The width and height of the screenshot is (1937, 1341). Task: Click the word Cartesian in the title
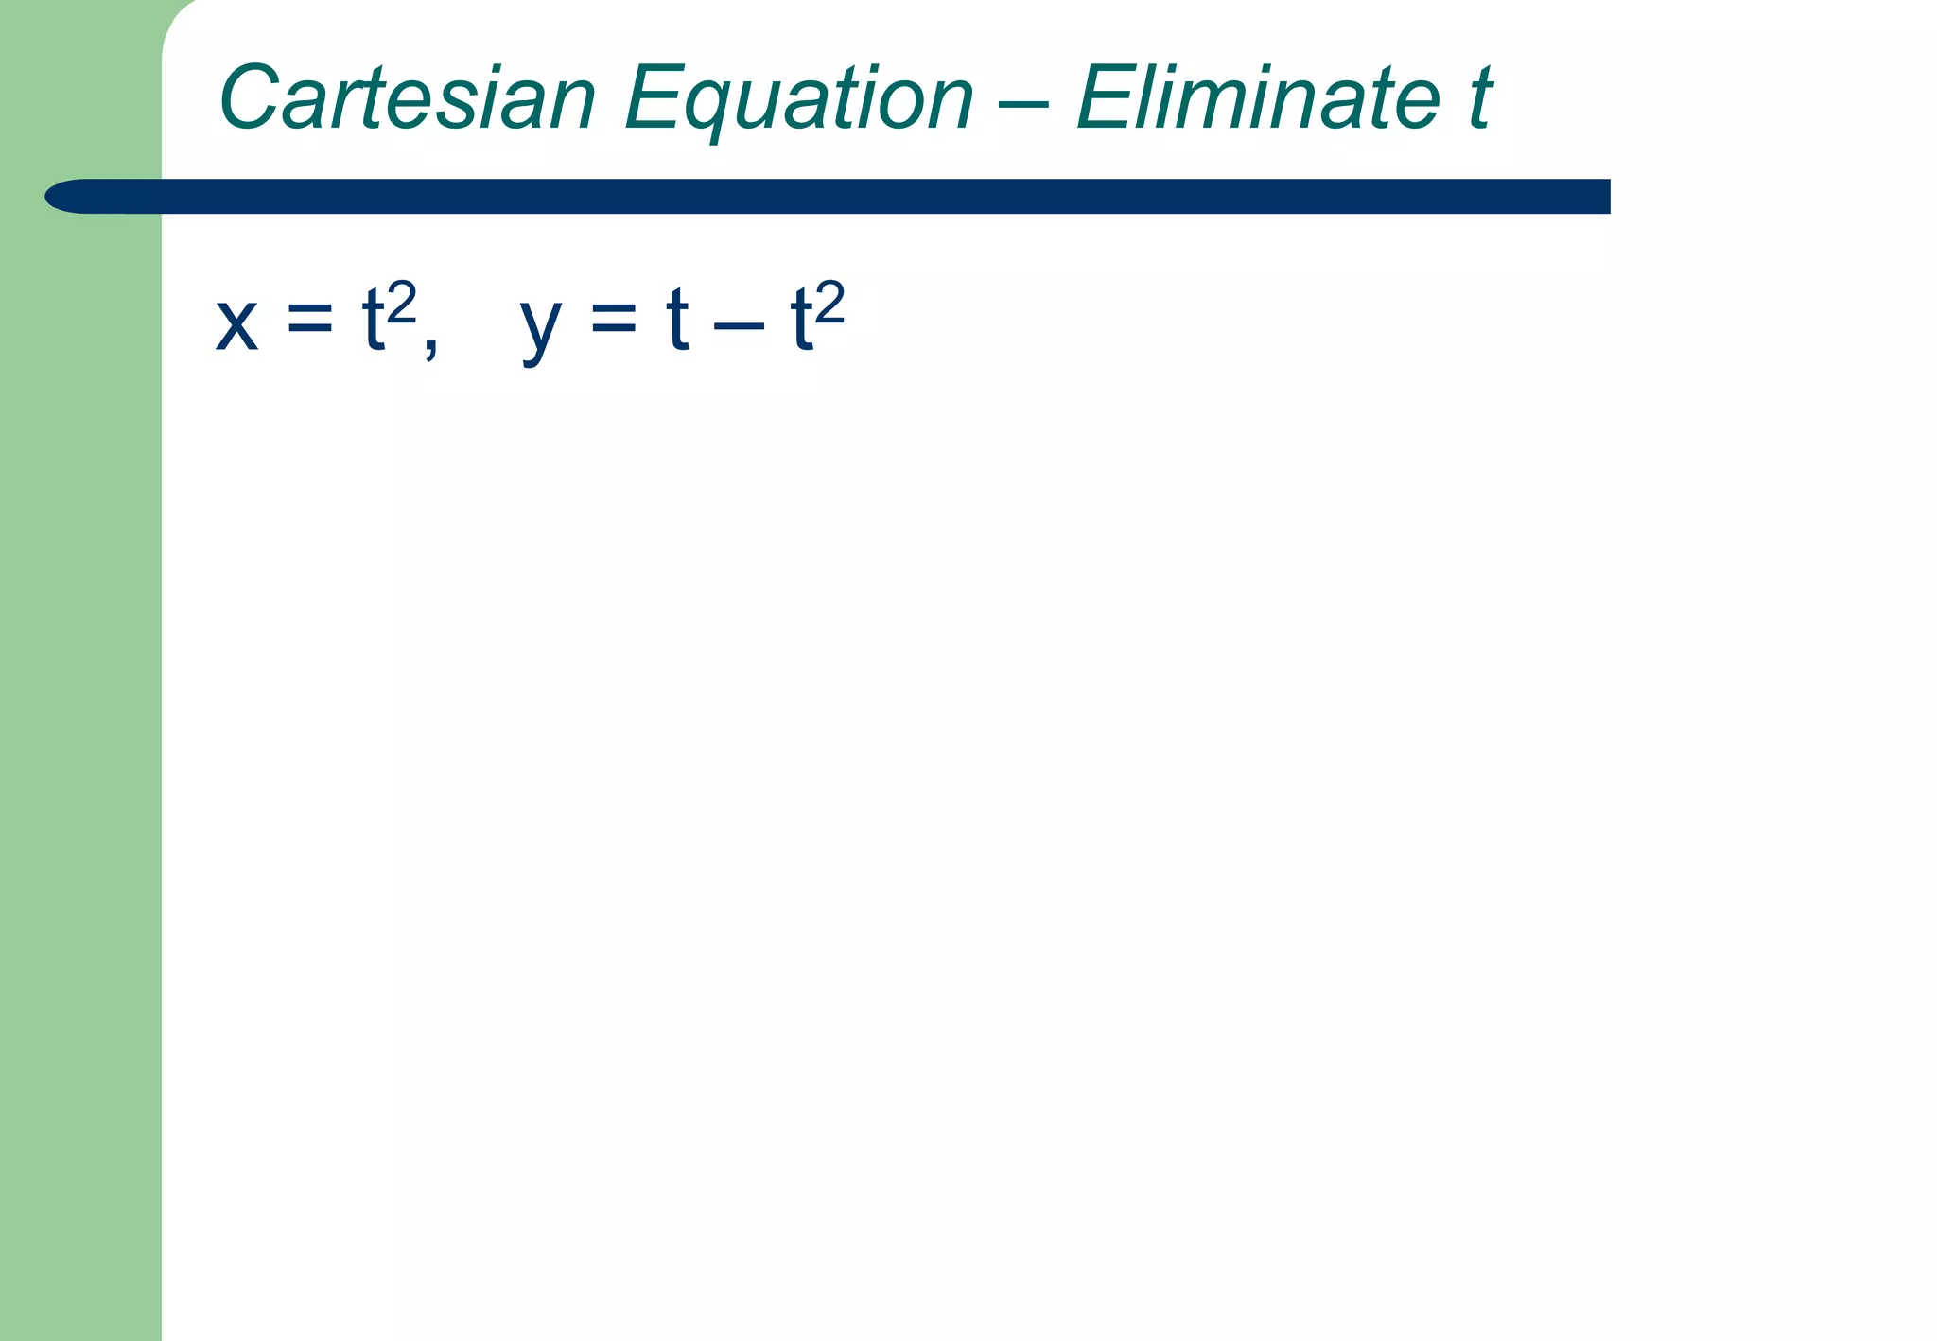[x=408, y=97]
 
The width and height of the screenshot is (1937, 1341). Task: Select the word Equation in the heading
[x=798, y=99]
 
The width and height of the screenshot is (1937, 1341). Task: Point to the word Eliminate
[x=1258, y=97]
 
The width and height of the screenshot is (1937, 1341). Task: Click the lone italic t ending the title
[x=1479, y=97]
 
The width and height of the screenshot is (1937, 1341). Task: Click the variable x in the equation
[x=236, y=323]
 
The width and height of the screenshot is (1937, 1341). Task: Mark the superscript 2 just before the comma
[x=402, y=304]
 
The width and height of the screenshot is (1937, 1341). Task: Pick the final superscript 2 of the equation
[x=829, y=304]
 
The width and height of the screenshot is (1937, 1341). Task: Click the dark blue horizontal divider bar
[x=851, y=197]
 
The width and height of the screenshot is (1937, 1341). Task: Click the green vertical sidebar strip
[x=80, y=757]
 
